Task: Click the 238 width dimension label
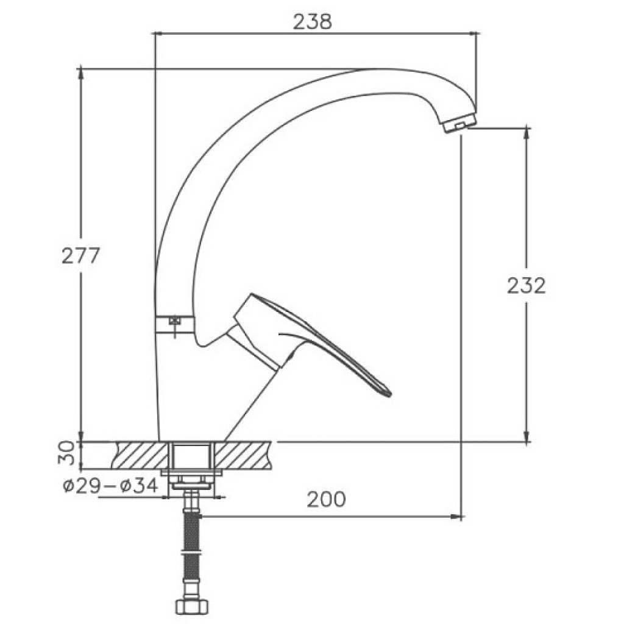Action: (312, 22)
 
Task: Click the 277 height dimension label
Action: (80, 255)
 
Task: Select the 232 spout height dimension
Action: (526, 285)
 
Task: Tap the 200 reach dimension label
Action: (326, 499)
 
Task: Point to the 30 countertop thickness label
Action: (66, 453)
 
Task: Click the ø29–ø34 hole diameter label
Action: (111, 486)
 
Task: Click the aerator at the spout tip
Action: (459, 122)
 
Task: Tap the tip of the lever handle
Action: (390, 394)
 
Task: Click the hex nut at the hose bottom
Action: (192, 607)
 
